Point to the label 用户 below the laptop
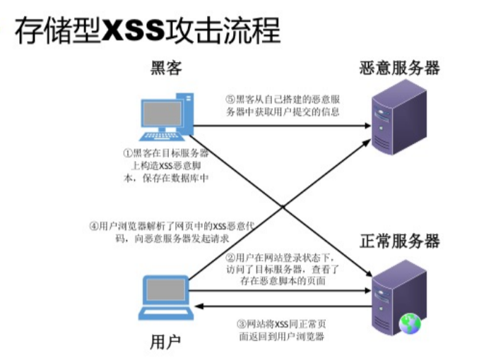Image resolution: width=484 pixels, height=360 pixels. [165, 342]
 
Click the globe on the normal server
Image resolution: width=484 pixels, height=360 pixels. [409, 323]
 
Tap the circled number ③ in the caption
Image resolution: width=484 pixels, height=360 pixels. [240, 323]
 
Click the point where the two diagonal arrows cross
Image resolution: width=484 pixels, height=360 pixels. [282, 206]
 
